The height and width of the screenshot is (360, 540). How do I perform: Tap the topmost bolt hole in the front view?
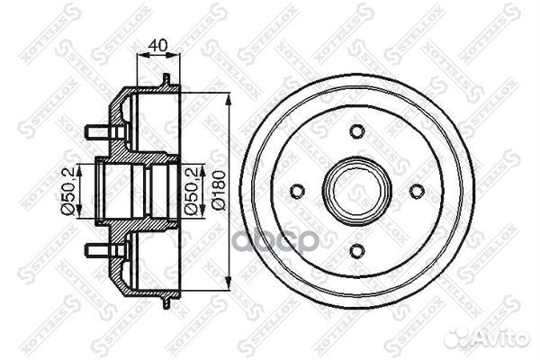[x=356, y=132]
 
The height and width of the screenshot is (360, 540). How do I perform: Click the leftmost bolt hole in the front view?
[x=298, y=191]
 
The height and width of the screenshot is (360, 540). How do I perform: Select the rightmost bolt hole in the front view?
[x=416, y=191]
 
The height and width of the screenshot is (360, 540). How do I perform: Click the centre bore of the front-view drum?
[x=356, y=191]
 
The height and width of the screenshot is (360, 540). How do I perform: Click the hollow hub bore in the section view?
[x=130, y=190]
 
